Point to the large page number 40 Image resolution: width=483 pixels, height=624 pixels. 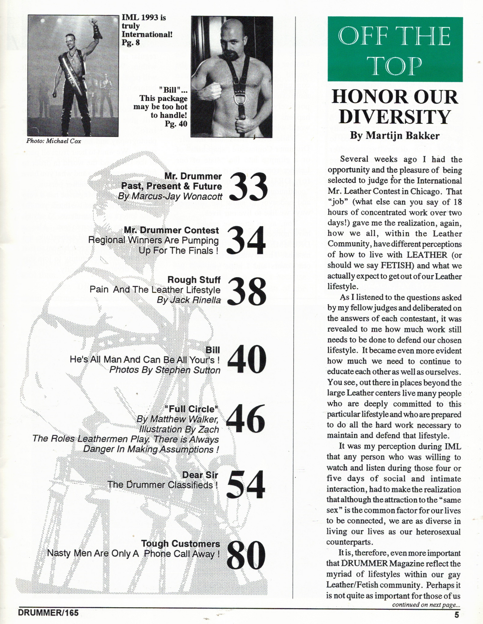coord(247,360)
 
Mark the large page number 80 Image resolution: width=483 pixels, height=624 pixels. coord(246,555)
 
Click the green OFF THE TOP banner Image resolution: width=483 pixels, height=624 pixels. coord(395,50)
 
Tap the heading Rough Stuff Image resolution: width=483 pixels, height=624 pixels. coord(194,279)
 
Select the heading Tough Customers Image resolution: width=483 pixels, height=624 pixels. coord(180,543)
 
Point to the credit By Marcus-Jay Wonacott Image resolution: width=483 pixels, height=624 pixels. coord(170,197)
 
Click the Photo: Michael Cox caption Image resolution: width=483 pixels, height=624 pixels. coord(54,141)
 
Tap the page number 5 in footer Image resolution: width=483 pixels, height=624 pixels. coord(456,615)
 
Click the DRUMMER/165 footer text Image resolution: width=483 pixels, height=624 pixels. coord(48,613)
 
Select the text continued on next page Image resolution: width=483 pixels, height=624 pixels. coord(426,605)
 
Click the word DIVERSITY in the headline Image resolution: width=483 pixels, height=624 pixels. coord(394,117)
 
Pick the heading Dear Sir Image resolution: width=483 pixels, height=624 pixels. coord(200,475)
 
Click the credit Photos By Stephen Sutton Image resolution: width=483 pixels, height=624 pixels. coord(165,370)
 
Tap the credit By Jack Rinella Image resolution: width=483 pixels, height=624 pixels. coord(189,300)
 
